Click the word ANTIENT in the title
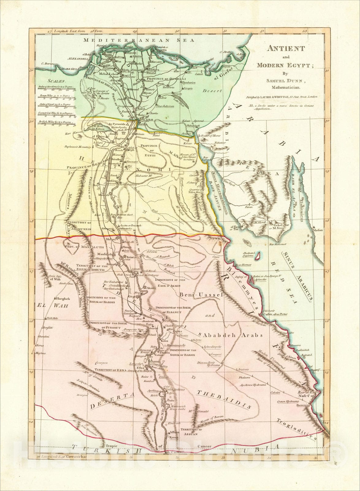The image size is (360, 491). coord(285,48)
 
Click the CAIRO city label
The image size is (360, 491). coord(148,119)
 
